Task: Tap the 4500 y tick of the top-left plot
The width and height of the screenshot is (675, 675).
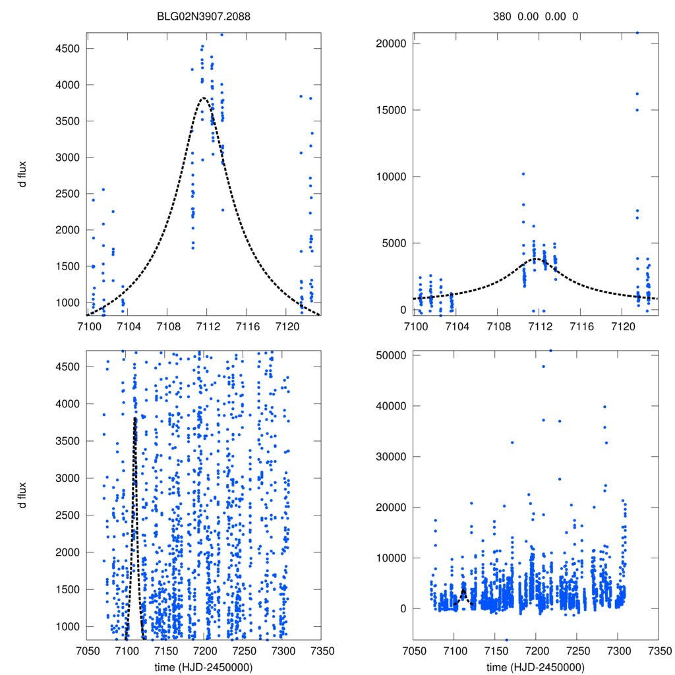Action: pyautogui.click(x=69, y=49)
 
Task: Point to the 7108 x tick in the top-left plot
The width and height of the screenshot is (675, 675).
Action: pyautogui.click(x=169, y=326)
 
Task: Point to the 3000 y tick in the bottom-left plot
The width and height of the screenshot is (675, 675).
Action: pyautogui.click(x=69, y=478)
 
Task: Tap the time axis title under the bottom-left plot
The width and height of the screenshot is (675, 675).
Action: pyautogui.click(x=203, y=666)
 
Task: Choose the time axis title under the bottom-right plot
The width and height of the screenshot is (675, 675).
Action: pyautogui.click(x=535, y=666)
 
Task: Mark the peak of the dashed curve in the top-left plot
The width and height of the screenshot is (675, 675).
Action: pyautogui.click(x=204, y=98)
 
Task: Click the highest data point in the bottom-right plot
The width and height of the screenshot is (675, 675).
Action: pyautogui.click(x=551, y=351)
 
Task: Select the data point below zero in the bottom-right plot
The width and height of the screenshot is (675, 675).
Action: pyautogui.click(x=506, y=639)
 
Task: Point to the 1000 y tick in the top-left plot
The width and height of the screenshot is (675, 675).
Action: pyautogui.click(x=69, y=303)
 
